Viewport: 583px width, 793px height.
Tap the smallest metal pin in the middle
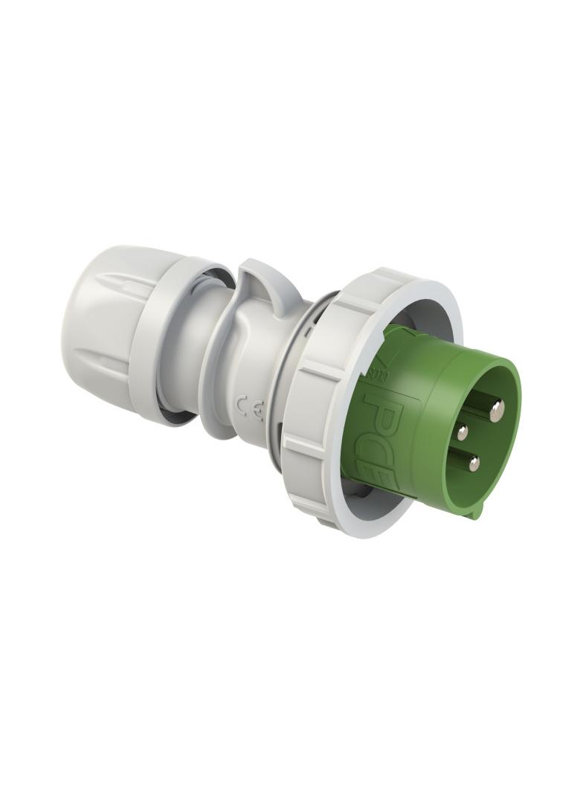click(x=463, y=432)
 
